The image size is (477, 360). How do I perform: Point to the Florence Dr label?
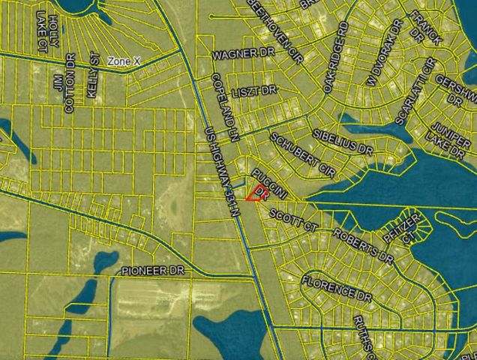(x=337, y=290)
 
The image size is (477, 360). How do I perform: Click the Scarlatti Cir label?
(x=416, y=91)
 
